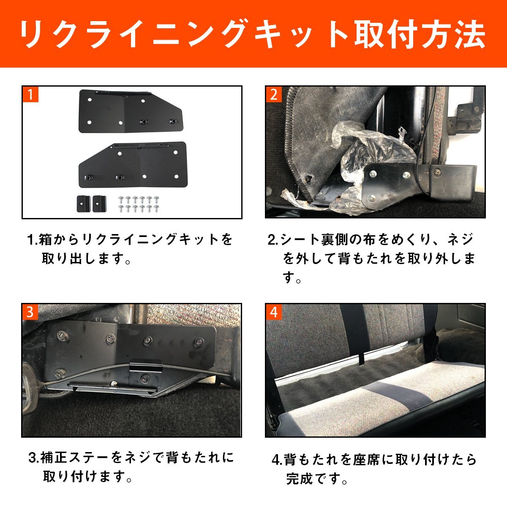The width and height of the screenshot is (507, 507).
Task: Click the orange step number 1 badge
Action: pyautogui.click(x=30, y=94)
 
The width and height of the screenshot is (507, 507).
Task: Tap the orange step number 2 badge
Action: pyautogui.click(x=274, y=94)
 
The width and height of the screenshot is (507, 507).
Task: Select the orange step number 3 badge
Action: pyautogui.click(x=30, y=312)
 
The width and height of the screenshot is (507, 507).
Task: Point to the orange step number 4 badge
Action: pyautogui.click(x=274, y=312)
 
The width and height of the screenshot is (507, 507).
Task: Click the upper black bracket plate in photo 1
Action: pyautogui.click(x=130, y=112)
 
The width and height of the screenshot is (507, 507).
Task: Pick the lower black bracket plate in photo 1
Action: pyautogui.click(x=133, y=165)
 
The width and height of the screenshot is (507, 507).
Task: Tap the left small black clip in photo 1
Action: pyautogui.click(x=84, y=204)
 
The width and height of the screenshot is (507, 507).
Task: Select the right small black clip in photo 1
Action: pyautogui.click(x=99, y=204)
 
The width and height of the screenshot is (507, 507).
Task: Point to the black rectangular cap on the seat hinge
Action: pyautogui.click(x=453, y=182)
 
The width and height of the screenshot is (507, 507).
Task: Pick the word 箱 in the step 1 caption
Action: pyautogui.click(x=45, y=240)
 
